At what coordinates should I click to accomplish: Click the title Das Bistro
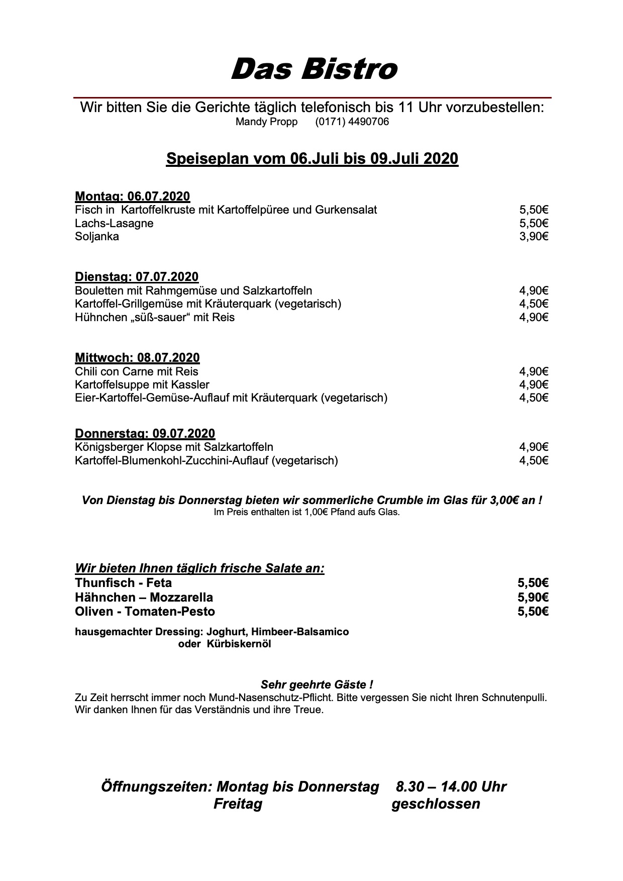[x=314, y=69]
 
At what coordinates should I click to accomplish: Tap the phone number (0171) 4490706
[x=352, y=122]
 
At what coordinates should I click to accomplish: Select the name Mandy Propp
[x=266, y=122]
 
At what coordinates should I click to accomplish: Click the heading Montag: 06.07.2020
[x=132, y=196]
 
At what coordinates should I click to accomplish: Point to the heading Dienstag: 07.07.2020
[x=136, y=277]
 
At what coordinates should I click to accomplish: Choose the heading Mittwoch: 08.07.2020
[x=137, y=358]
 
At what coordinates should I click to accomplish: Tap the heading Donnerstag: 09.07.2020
[x=145, y=433]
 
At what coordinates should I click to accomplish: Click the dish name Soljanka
[x=97, y=237]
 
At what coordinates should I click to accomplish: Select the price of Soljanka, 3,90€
[x=534, y=237]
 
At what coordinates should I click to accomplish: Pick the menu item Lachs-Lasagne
[x=114, y=223]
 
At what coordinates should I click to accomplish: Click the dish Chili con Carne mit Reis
[x=136, y=371]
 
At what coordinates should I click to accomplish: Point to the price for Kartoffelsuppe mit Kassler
[x=534, y=385]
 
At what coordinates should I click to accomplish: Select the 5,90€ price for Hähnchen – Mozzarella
[x=533, y=598]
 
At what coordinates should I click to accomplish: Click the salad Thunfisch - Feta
[x=123, y=583]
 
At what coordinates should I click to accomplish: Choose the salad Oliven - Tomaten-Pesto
[x=145, y=612]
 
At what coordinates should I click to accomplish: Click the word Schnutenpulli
[x=513, y=698]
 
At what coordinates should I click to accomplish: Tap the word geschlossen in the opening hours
[x=436, y=804]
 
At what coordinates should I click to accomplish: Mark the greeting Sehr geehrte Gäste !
[x=317, y=684]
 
